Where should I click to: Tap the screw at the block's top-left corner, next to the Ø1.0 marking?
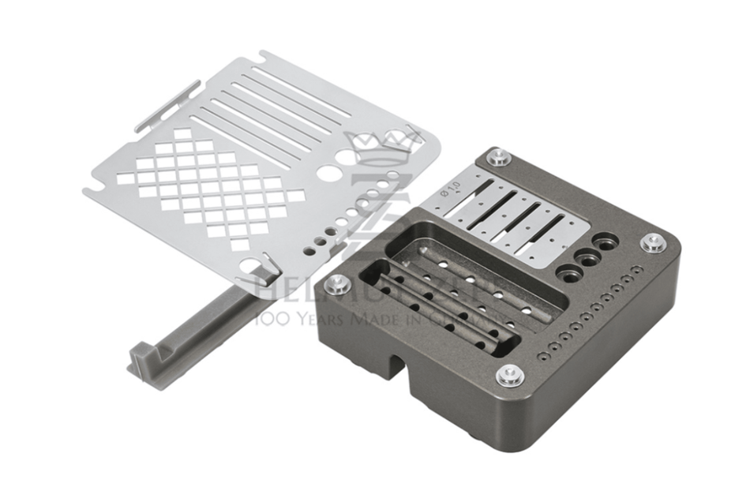pyautogui.click(x=499, y=158)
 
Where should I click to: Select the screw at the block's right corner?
pyautogui.click(x=653, y=242)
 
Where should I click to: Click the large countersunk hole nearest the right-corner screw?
pyautogui.click(x=606, y=242)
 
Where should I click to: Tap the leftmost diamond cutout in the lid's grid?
pyautogui.click(x=126, y=179)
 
